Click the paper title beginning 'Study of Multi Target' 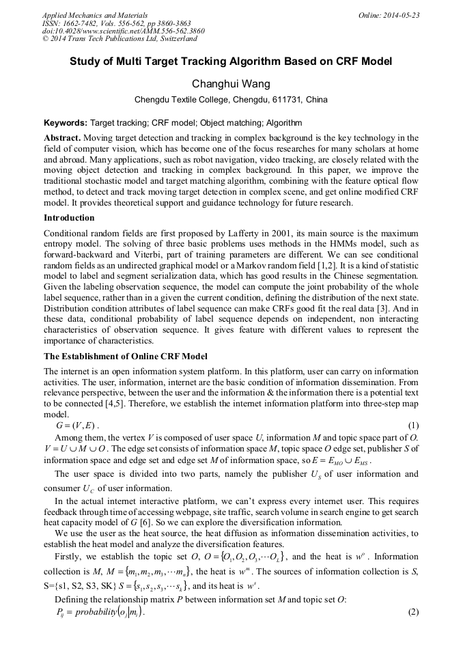pyautogui.click(x=231, y=61)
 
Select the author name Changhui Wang pyautogui.click(x=231, y=83)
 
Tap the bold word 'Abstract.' pyautogui.click(x=62, y=137)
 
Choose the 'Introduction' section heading pyautogui.click(x=69, y=218)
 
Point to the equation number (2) pyautogui.click(x=412, y=612)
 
